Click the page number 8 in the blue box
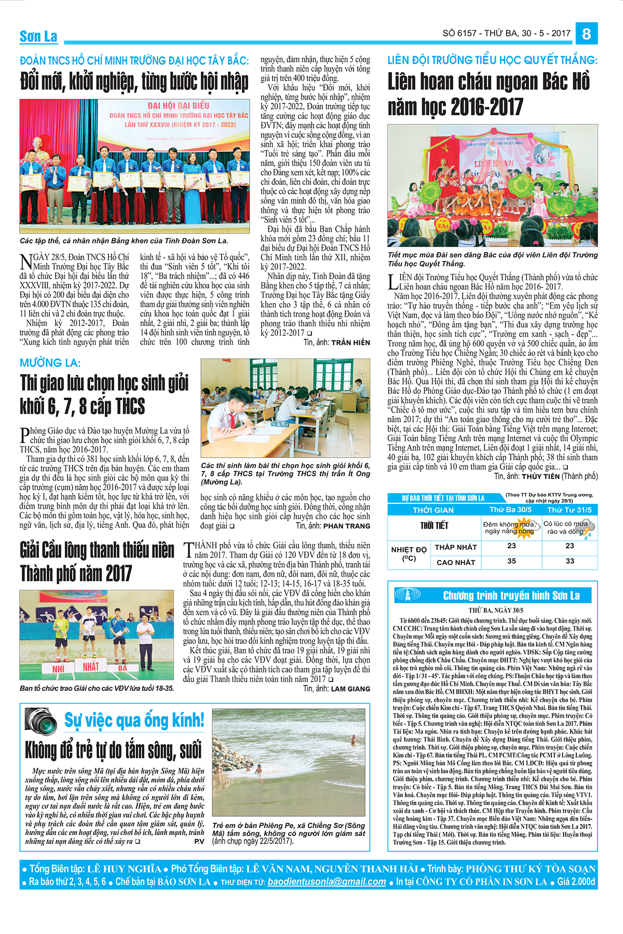[586, 34]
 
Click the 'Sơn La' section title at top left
[38, 36]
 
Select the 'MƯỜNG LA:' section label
[50, 363]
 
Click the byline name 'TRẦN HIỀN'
[350, 342]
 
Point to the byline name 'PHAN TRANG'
[347, 526]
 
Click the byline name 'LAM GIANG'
[350, 689]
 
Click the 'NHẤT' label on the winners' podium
[91, 666]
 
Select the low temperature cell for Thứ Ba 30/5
[511, 546]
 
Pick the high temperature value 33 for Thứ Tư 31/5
[570, 561]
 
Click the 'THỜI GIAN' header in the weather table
[433, 510]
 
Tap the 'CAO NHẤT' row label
[455, 562]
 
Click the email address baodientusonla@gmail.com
[327, 882]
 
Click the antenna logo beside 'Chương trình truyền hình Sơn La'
[408, 595]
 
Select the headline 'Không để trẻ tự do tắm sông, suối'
[113, 750]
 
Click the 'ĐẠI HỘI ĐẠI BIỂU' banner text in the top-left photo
[178, 106]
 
